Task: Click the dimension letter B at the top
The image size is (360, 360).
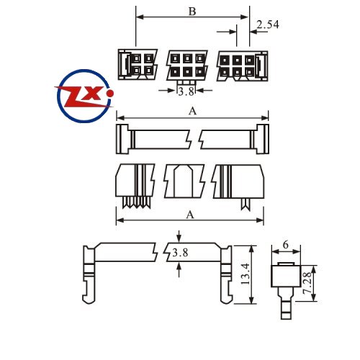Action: pos(192,12)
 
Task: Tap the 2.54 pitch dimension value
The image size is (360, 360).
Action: pos(268,24)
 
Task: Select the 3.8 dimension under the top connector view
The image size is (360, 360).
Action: pos(186,91)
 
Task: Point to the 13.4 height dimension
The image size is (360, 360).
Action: pos(246,274)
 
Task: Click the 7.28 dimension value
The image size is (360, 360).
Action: pos(307,283)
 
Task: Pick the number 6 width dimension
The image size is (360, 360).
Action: pos(286,245)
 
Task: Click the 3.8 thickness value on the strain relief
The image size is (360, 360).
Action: pos(180,253)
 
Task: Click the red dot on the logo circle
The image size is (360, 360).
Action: pos(110,94)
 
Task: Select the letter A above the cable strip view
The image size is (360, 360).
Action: pos(192,111)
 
